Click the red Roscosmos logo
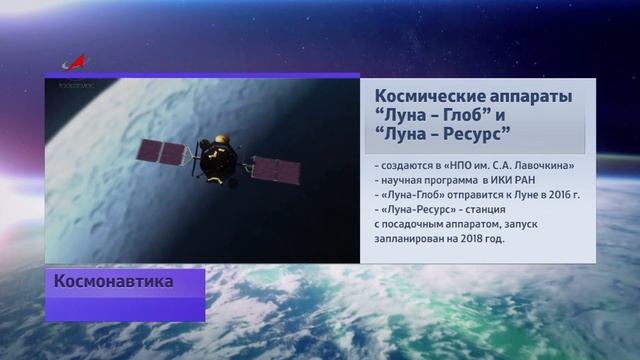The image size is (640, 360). [x=75, y=63]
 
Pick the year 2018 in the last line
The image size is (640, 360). [x=464, y=240]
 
